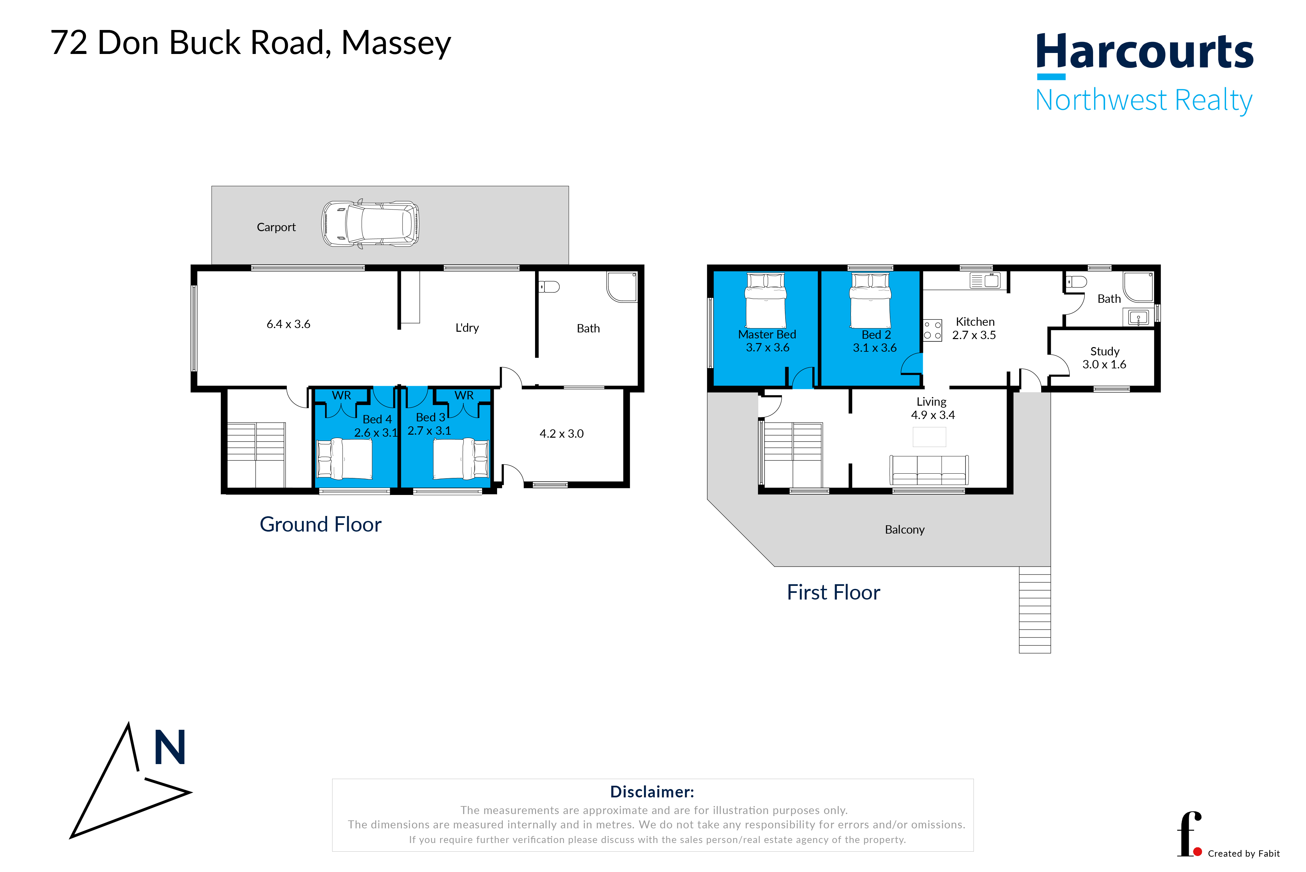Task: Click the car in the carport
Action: (370, 224)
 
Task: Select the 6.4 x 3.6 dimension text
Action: (288, 324)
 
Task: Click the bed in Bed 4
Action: (344, 459)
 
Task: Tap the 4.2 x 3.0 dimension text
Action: (561, 433)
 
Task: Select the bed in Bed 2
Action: (871, 301)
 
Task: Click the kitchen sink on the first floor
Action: (984, 280)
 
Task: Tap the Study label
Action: (1105, 351)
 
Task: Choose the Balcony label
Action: (905, 530)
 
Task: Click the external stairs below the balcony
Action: (1034, 610)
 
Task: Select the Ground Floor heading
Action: (321, 524)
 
